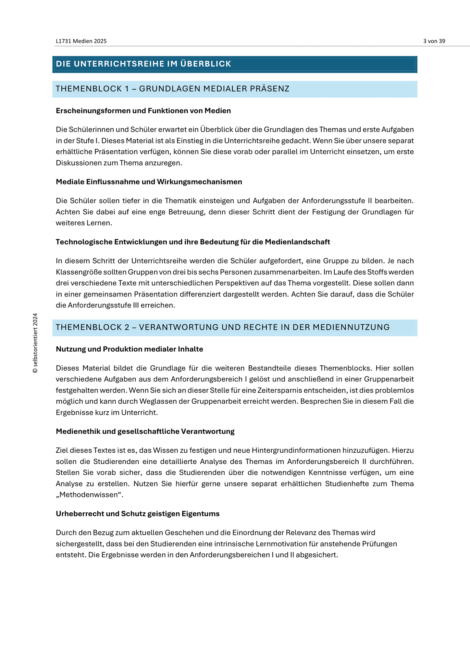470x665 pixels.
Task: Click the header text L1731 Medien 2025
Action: point(81,41)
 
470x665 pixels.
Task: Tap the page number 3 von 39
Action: point(434,41)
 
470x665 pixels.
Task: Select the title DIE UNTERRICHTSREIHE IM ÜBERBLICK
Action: point(143,64)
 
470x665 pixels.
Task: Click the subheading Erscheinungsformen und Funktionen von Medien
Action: point(143,111)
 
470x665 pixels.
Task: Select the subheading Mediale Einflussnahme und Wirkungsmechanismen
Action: point(149,182)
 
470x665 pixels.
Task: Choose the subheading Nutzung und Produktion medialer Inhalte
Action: point(130,349)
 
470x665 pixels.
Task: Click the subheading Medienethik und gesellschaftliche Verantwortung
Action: point(145,432)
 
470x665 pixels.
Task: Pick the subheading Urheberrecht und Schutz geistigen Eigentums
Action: point(138,514)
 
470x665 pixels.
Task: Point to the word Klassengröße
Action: point(75,272)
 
